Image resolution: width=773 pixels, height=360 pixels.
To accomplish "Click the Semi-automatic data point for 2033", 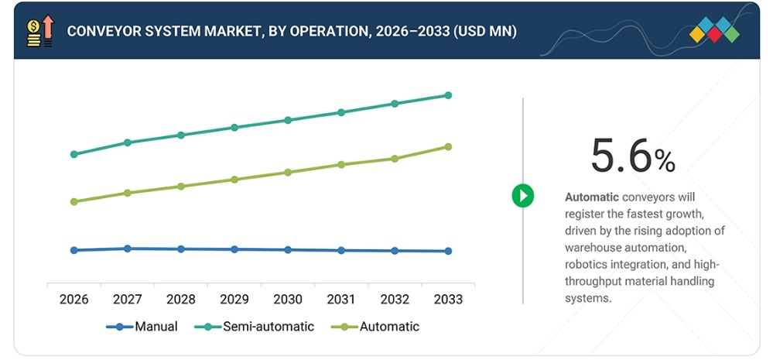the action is click(x=448, y=95).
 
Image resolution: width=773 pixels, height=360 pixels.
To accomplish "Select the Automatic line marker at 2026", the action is click(x=74, y=202).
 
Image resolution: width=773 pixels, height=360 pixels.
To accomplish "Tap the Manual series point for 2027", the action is click(x=127, y=249).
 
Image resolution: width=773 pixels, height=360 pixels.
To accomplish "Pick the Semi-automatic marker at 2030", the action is click(x=288, y=120).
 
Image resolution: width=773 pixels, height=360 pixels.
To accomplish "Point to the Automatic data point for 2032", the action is click(x=395, y=159).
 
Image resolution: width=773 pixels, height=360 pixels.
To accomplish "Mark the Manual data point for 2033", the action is click(x=448, y=251).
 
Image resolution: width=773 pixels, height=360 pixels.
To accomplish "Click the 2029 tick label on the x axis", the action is click(x=234, y=300).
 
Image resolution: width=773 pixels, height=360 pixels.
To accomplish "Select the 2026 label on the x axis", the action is click(x=74, y=300).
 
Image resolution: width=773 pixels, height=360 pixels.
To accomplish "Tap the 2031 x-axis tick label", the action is click(x=341, y=300).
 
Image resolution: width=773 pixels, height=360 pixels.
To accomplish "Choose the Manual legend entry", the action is click(x=142, y=327).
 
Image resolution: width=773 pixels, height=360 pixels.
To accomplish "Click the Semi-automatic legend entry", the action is click(x=255, y=327).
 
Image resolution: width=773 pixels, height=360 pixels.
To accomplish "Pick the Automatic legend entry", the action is click(x=375, y=327).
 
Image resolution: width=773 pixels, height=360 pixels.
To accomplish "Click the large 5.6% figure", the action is click(x=633, y=156).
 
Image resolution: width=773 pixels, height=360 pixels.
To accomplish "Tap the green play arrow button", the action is click(x=522, y=196).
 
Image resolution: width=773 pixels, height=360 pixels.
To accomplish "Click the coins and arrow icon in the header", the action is click(x=40, y=30).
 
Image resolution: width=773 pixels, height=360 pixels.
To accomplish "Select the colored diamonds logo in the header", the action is click(x=714, y=29).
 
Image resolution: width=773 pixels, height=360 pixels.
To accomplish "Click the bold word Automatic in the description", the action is click(x=592, y=197).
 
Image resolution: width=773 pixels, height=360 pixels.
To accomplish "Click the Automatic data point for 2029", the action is click(x=234, y=180).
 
